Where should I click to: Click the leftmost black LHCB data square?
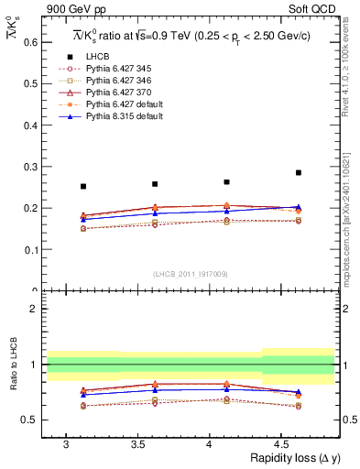[x=83, y=187]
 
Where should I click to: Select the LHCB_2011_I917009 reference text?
[x=190, y=273]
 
